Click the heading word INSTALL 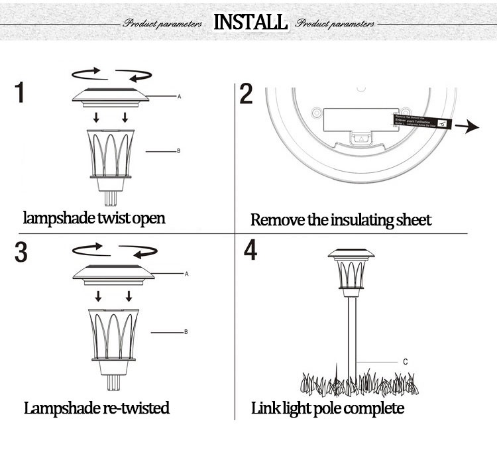pyautogui.click(x=250, y=21)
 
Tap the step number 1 pyautogui.click(x=21, y=92)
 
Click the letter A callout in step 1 pyautogui.click(x=179, y=97)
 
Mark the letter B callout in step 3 pyautogui.click(x=186, y=331)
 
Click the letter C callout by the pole pyautogui.click(x=405, y=362)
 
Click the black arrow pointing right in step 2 pyautogui.click(x=471, y=127)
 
